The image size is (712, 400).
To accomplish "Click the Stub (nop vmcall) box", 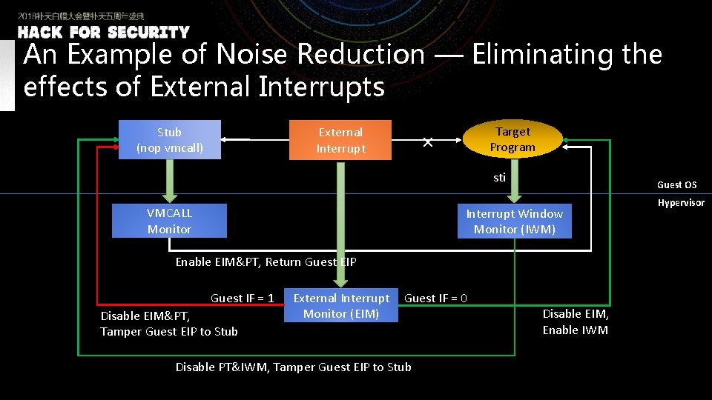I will pos(169,139).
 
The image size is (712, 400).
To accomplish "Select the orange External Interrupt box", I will pos(340,140).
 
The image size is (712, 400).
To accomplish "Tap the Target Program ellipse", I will pos(512,139).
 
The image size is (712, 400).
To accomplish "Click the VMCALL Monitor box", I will pos(169,221).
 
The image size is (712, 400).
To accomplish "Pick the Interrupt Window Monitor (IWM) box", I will pos(514,221).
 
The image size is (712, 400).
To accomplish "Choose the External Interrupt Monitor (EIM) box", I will pos(341,305).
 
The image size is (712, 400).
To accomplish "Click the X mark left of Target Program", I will pos(427,142).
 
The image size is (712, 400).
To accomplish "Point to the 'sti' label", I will pos(499,177).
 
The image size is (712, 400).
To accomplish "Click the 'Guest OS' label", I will pos(676,184).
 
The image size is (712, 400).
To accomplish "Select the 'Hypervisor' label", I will pos(680,203).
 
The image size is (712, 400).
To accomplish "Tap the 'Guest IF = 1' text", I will pos(243,298).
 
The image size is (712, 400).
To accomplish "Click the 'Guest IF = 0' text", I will pos(435,298).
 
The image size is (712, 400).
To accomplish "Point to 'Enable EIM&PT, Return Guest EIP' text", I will pos(266,261).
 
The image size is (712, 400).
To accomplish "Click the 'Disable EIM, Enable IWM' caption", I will pos(575,321).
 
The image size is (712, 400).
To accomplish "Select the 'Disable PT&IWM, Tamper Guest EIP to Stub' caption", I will pos(293,367).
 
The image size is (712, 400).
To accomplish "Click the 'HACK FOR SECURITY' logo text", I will pos(104,33).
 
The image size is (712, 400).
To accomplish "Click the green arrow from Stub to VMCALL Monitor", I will pos(169,181).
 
